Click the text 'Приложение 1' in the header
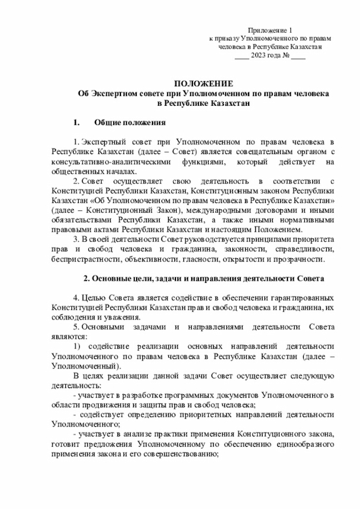click(270, 30)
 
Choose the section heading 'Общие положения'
click(129, 122)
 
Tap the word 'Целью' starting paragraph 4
click(93, 298)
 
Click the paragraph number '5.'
click(77, 327)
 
